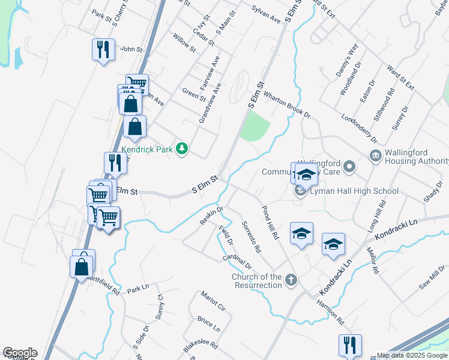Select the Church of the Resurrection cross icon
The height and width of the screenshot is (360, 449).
coord(291,279)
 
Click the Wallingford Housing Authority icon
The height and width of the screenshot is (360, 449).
coord(376,157)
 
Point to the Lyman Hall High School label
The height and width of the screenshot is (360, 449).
coord(354,191)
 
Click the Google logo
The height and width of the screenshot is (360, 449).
coord(20,353)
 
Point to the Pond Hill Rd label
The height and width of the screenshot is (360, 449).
coord(270,223)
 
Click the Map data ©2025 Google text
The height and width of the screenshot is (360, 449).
coord(412,355)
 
